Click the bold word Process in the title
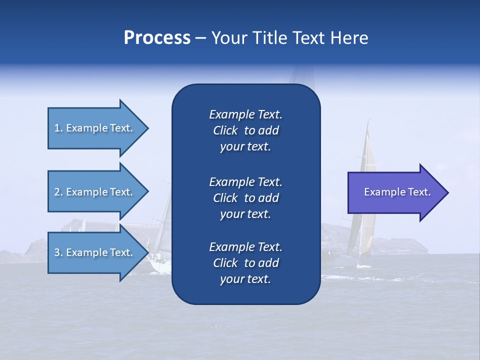[x=157, y=38]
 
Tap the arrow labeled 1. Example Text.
[x=95, y=128]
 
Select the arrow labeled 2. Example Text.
[x=95, y=192]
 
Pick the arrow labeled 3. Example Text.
[x=95, y=252]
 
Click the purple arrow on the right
[x=395, y=192]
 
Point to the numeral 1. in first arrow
[x=58, y=128]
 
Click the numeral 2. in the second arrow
[x=58, y=192]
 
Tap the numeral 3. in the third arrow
[x=58, y=252]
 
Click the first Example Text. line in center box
[x=245, y=114]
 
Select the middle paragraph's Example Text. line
[x=245, y=181]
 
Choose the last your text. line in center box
[x=245, y=279]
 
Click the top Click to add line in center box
[x=245, y=130]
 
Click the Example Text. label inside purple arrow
[x=397, y=192]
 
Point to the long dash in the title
[x=200, y=38]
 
